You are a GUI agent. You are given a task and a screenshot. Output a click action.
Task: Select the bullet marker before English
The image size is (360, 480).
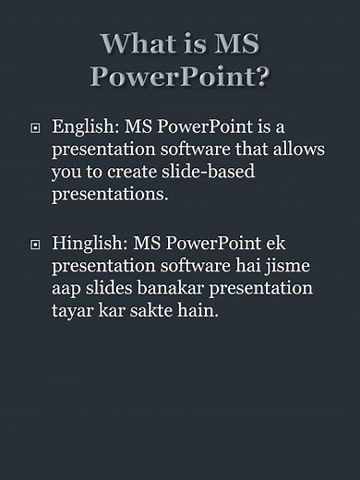(x=35, y=127)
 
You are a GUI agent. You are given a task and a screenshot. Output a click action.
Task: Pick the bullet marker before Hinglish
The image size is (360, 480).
(x=35, y=245)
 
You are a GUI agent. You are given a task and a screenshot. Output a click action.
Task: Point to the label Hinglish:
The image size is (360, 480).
(x=90, y=244)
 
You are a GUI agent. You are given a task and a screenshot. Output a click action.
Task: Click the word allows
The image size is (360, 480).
(x=302, y=149)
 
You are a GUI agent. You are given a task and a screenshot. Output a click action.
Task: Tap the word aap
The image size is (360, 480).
(x=67, y=290)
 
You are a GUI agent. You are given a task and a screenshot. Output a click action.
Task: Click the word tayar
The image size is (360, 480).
(x=73, y=313)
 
